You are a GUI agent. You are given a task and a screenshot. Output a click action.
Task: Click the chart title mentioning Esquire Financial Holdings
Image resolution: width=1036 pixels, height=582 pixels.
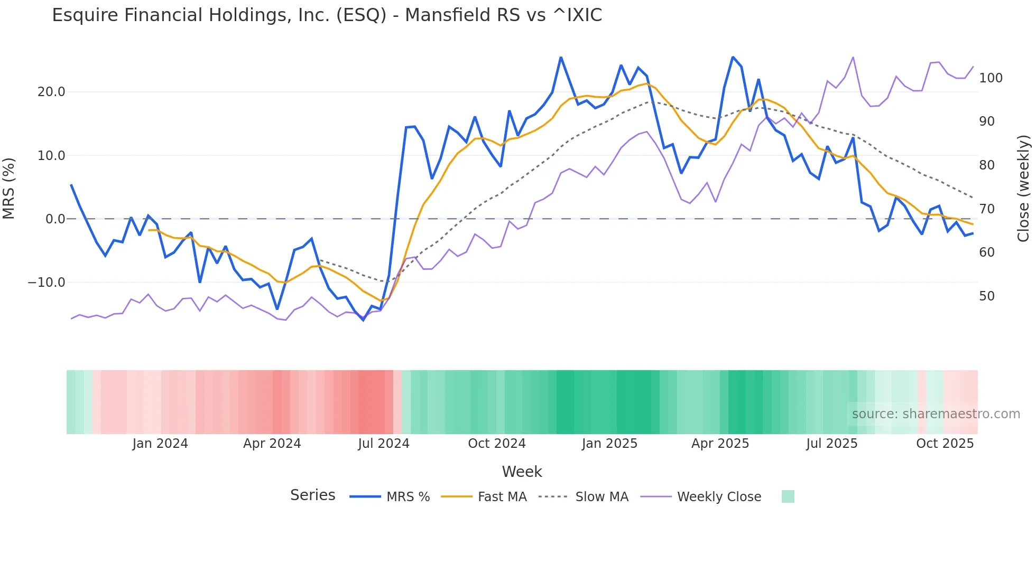[x=327, y=15]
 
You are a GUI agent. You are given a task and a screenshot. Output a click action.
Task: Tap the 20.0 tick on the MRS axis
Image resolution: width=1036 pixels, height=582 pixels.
[x=51, y=92]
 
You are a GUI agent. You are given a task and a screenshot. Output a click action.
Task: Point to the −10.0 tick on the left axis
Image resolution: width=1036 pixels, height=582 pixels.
[x=47, y=283]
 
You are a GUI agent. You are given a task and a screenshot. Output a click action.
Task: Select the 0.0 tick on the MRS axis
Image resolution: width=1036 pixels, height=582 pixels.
[x=55, y=219]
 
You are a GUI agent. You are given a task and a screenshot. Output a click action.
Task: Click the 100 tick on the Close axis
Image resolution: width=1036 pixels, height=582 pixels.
[x=991, y=78]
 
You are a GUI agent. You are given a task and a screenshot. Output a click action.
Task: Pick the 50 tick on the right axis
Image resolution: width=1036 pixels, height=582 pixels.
[x=987, y=296]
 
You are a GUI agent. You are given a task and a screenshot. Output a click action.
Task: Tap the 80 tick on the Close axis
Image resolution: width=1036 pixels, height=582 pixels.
[x=987, y=165]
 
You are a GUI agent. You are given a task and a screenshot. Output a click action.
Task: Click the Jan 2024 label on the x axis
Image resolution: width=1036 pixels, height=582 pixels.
[x=160, y=444]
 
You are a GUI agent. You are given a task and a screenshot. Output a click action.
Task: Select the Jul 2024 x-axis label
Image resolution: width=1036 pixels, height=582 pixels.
[x=384, y=444]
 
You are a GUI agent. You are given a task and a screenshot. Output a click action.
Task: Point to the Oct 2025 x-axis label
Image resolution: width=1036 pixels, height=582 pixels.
[x=945, y=444]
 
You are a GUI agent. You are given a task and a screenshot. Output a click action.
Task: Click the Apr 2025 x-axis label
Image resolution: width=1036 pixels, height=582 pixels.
[x=720, y=444]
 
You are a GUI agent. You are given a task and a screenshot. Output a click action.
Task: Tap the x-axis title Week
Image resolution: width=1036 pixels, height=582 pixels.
[x=522, y=472]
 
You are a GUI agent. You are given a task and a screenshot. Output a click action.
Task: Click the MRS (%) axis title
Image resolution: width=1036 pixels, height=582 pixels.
[x=9, y=189]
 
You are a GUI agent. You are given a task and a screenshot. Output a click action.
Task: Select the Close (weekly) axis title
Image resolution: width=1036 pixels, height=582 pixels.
[x=1023, y=189]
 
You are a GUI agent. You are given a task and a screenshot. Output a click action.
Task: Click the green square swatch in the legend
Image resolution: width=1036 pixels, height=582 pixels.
[x=788, y=496]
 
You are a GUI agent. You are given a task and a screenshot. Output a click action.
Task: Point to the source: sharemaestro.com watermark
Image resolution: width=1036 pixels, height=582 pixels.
[x=936, y=414]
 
